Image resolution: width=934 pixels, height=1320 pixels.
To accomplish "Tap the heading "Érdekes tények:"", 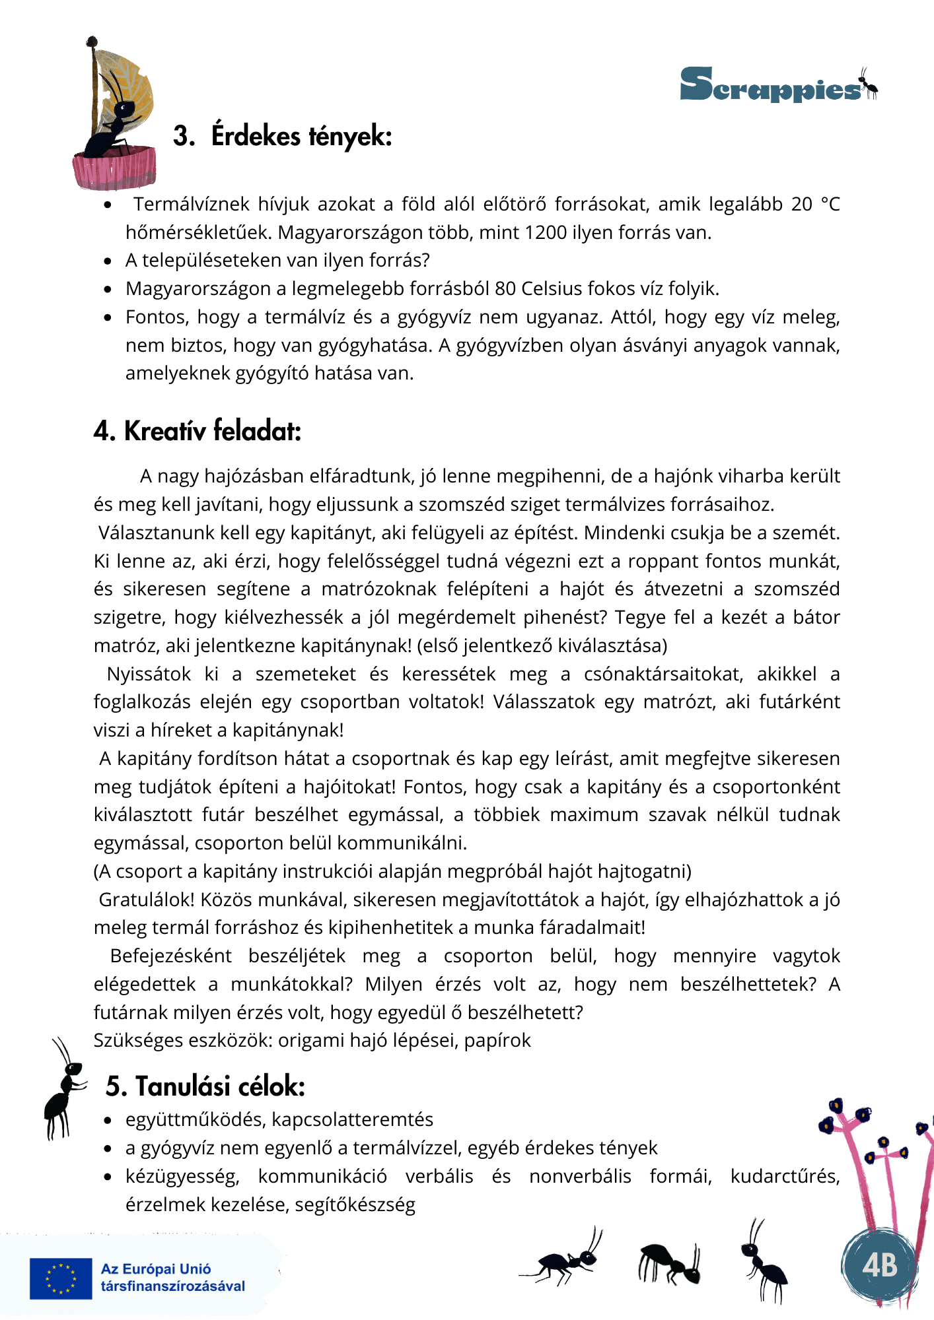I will [x=301, y=136].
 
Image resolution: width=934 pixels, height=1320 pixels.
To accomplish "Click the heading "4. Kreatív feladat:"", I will [x=198, y=431].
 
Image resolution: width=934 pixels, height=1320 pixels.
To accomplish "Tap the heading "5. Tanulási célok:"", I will [x=205, y=1086].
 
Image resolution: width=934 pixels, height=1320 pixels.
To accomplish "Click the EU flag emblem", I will [x=61, y=1278].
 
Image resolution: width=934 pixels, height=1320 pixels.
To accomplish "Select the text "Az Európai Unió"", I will [x=156, y=1269].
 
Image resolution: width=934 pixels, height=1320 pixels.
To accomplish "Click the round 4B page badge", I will [x=880, y=1265].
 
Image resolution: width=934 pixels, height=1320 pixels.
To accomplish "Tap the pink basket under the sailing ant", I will [x=115, y=169].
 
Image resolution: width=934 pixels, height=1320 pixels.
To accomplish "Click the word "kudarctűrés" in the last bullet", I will [x=785, y=1177].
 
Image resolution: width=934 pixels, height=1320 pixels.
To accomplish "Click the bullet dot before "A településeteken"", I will [x=108, y=261].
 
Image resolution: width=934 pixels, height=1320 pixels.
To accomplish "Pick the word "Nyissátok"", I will [x=149, y=675].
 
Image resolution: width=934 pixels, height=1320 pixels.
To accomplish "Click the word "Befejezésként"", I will [x=170, y=956].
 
